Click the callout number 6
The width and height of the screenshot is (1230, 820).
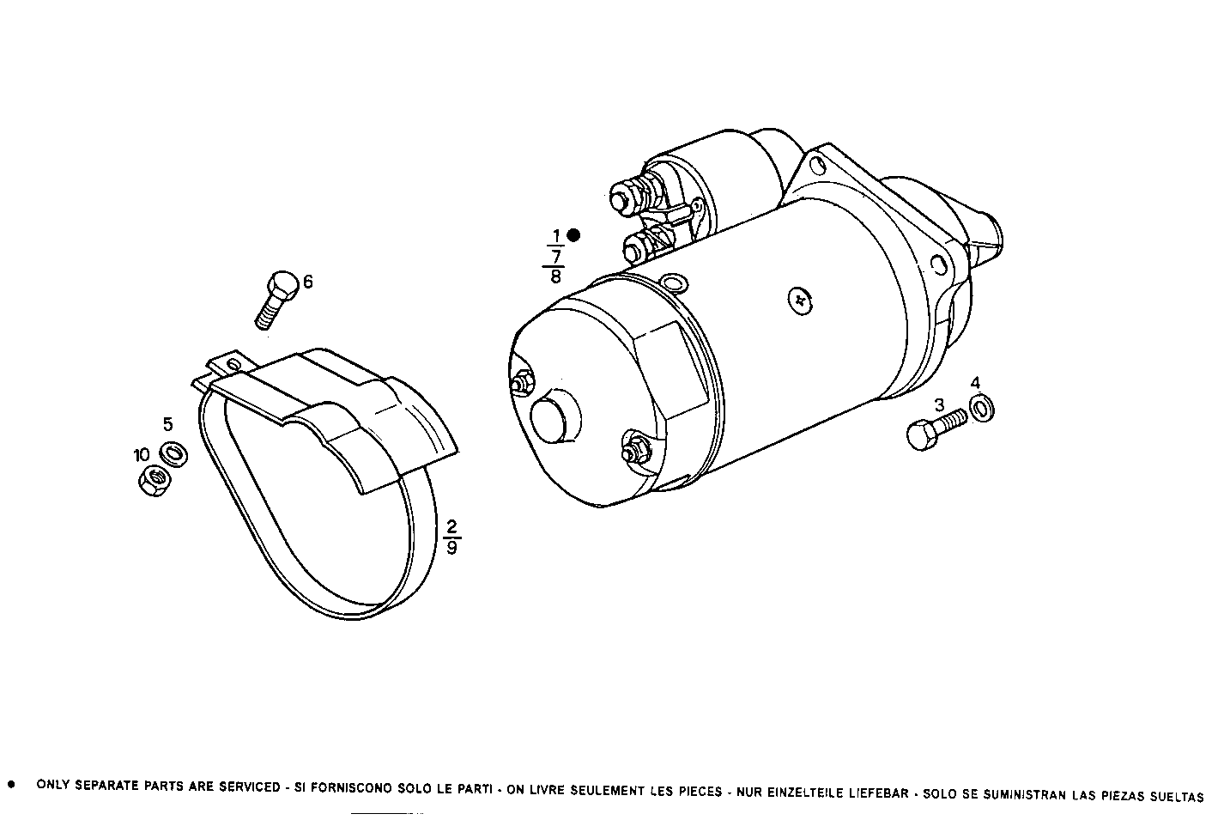[308, 281]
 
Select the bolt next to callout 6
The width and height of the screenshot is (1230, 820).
[276, 299]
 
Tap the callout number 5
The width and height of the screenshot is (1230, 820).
[168, 423]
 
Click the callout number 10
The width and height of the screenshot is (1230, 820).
[141, 454]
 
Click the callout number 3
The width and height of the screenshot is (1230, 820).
[939, 404]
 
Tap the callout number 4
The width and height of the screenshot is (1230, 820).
[976, 382]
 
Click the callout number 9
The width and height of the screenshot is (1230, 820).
[451, 546]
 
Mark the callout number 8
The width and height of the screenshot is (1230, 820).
[555, 276]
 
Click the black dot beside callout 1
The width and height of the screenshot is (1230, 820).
[573, 234]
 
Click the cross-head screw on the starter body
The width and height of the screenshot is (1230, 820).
[800, 299]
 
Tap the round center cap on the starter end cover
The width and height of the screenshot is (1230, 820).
[549, 418]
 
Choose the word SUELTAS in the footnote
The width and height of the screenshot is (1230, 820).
[1176, 796]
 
